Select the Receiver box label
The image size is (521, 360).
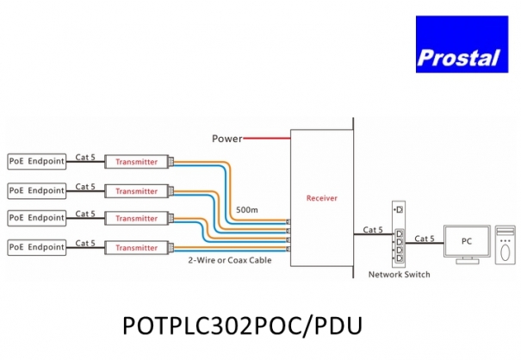pos(322,198)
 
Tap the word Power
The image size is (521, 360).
pos(226,138)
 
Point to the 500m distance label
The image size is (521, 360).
pos(245,210)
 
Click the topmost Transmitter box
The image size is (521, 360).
pos(136,161)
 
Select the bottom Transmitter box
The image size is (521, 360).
pos(136,248)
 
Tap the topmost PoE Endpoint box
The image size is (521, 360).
pos(37,161)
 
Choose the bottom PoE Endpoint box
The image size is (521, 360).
pos(37,248)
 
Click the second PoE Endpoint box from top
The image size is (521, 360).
pos(37,190)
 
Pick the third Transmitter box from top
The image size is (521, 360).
pos(136,219)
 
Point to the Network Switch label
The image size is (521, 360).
pos(399,275)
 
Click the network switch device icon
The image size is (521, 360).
pos(398,234)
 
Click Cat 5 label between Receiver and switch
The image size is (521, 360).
pos(372,229)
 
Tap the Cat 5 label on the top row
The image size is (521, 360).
pos(86,157)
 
